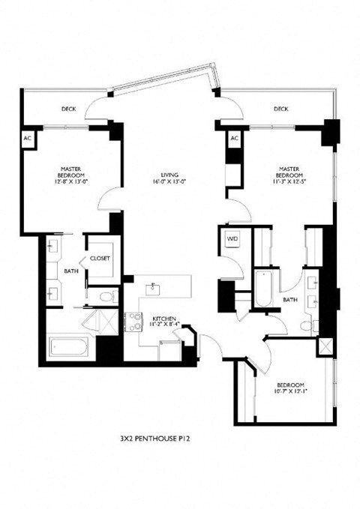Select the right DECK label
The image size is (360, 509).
click(280, 109)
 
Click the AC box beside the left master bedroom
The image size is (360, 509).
click(28, 139)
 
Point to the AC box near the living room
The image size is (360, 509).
click(234, 139)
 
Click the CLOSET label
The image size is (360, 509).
click(100, 259)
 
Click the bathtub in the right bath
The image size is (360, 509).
click(261, 290)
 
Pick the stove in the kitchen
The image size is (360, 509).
click(133, 322)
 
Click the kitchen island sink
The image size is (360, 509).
click(155, 286)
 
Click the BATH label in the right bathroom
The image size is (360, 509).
click(290, 300)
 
